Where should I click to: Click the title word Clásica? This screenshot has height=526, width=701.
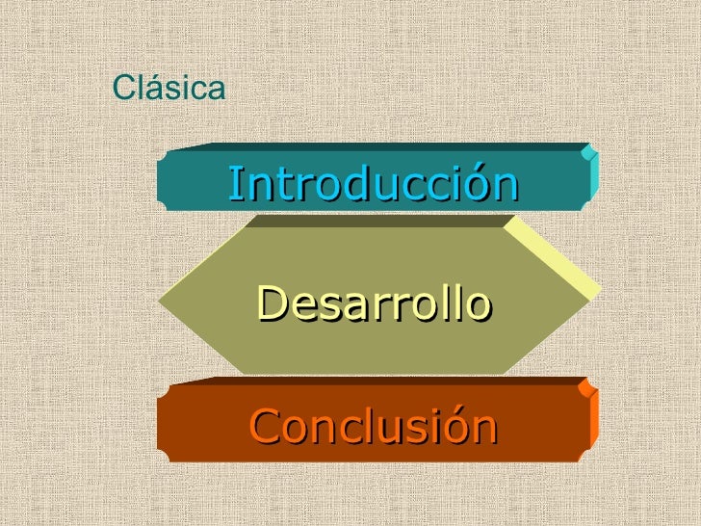tap(169, 89)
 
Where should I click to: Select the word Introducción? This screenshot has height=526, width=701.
tap(373, 184)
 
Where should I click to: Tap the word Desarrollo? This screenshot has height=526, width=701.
tap(374, 304)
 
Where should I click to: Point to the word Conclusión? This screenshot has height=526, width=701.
tap(373, 427)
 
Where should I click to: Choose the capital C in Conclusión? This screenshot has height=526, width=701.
tap(263, 427)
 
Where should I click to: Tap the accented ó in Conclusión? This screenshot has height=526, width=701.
tap(457, 425)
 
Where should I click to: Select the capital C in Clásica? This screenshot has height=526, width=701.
tap(123, 89)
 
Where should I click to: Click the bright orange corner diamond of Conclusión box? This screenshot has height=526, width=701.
tap(584, 387)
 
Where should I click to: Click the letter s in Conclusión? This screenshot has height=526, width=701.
tap(416, 429)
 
